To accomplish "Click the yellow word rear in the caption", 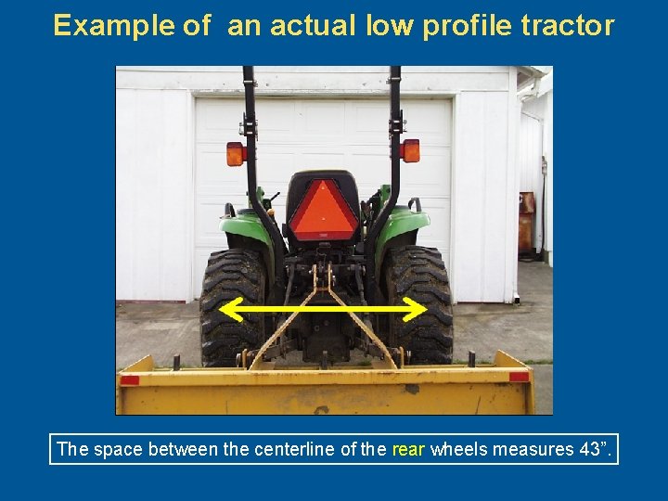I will coord(408,450).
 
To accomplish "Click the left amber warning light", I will coord(235,153).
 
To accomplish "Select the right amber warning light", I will coord(410,150).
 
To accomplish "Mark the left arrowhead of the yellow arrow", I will coord(229,308).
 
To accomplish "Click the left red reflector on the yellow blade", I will coord(129,379).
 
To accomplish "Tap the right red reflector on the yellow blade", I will coord(520,377).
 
